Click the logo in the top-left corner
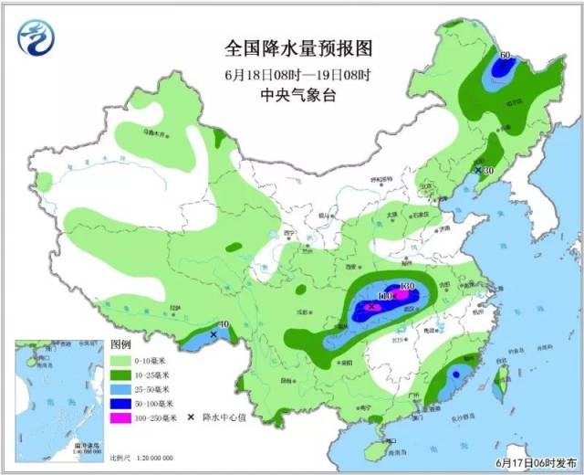(x=36, y=37)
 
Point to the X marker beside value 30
(x=477, y=170)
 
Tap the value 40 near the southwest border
(x=224, y=324)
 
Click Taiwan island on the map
(x=499, y=383)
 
